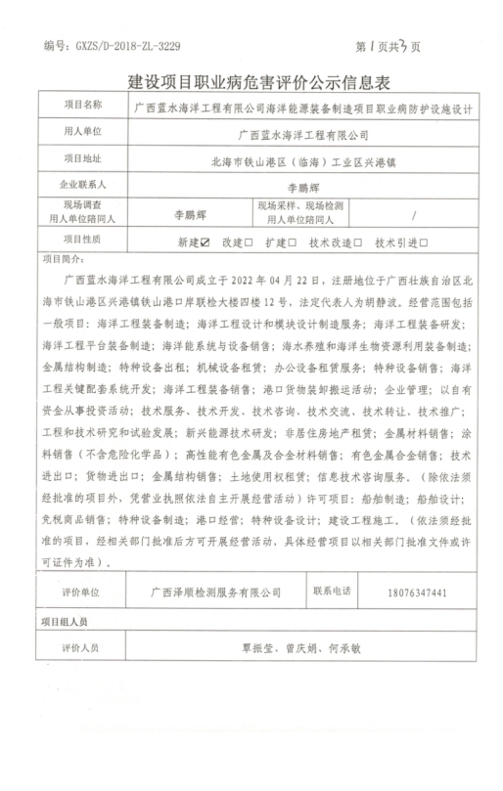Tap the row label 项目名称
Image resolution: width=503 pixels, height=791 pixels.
[x=82, y=106]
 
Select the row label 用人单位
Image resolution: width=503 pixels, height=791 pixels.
[x=82, y=131]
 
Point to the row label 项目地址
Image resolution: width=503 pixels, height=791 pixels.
[x=82, y=157]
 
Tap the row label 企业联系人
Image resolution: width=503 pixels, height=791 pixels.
[x=82, y=183]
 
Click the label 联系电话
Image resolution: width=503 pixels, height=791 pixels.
[x=335, y=591]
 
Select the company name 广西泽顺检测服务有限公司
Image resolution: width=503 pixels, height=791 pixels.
[x=209, y=592]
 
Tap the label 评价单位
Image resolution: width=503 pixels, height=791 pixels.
[x=81, y=592]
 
